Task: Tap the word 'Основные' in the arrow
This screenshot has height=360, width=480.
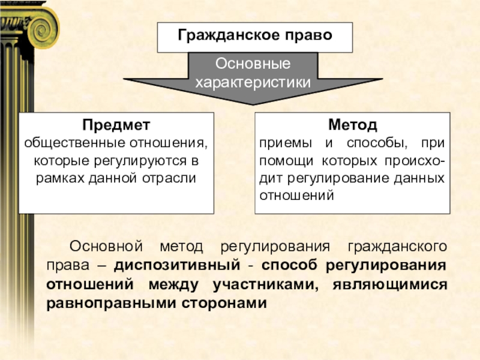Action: pos(253,64)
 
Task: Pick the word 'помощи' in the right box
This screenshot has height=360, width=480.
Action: pos(280,161)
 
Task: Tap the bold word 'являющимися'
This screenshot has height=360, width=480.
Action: pos(389,284)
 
